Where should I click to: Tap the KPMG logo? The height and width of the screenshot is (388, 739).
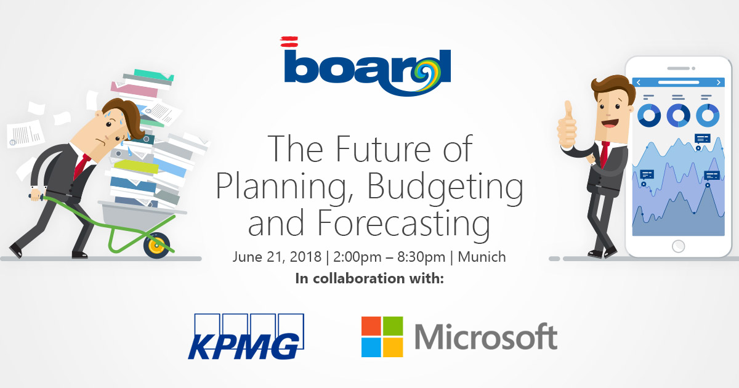coord(246,336)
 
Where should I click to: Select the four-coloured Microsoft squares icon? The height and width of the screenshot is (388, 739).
coord(382,336)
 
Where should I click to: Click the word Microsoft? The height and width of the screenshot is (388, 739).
coord(486,336)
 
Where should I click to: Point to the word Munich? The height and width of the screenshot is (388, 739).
coord(482,257)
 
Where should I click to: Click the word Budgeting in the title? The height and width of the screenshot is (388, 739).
coord(445,186)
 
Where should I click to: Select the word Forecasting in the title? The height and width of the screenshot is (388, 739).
coord(403,223)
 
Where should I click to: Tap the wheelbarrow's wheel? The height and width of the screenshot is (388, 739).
coord(156,245)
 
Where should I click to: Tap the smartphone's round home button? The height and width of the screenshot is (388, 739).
coord(678,246)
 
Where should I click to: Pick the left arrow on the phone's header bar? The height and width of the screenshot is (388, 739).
coord(639,83)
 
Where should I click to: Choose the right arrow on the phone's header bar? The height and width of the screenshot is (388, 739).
coord(719,83)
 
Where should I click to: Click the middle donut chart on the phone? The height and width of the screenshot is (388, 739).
coord(678,116)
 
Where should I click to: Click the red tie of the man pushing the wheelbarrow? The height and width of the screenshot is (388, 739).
coord(81,166)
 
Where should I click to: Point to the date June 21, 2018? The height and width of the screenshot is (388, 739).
coord(277,257)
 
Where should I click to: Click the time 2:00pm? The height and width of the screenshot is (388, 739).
coord(357,257)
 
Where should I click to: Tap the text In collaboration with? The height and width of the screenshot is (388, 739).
coord(369,278)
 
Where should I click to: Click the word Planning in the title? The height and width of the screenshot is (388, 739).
coord(285,186)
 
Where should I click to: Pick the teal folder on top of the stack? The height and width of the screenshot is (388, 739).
coord(154,75)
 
